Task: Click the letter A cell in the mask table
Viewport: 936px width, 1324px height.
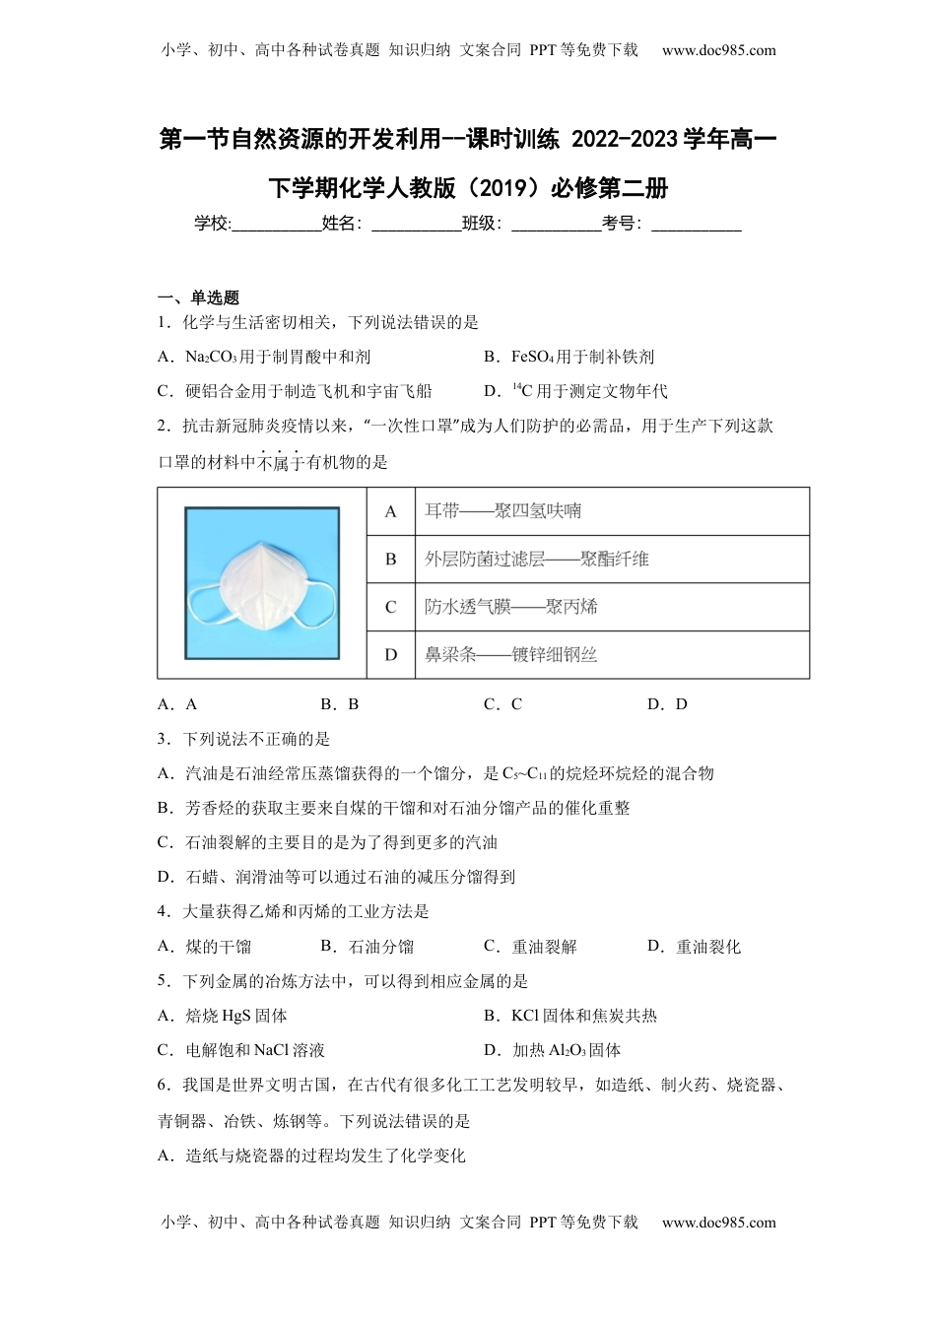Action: click(x=391, y=511)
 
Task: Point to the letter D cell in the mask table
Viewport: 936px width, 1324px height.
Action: click(x=391, y=655)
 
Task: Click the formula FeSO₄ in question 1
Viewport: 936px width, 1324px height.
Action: click(x=533, y=358)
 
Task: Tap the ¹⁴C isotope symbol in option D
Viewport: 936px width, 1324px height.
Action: click(x=522, y=391)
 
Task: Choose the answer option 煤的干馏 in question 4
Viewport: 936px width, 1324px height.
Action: click(x=218, y=947)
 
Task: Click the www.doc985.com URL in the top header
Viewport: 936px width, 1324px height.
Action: click(x=718, y=50)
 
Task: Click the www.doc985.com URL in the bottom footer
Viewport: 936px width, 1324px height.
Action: click(x=718, y=1223)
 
